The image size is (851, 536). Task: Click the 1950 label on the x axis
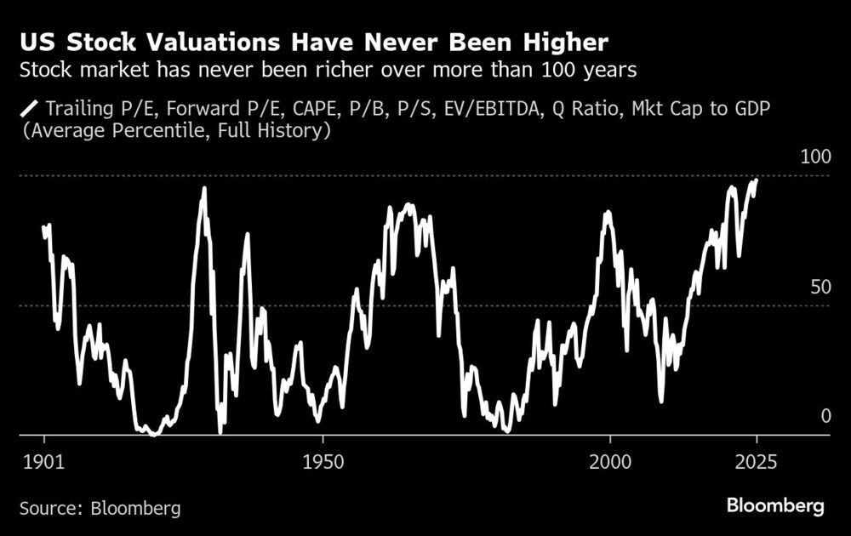[322, 459]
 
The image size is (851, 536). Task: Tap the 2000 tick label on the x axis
[610, 459]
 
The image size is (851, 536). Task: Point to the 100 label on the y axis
[815, 158]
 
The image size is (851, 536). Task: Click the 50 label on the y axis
[820, 287]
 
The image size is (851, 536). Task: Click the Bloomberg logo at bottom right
[775, 506]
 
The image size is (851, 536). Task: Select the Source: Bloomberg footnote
[100, 508]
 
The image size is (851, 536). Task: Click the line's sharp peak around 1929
[203, 189]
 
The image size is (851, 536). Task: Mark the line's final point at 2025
[757, 180]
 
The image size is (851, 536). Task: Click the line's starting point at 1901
[43, 227]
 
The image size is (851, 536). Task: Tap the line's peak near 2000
[608, 212]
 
